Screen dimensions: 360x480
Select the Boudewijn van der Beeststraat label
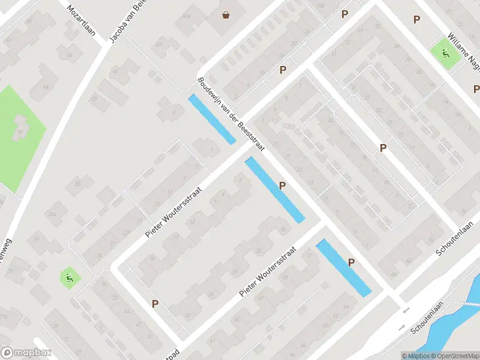231,115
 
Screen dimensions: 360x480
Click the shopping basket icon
226,15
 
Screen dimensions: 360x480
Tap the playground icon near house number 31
70,278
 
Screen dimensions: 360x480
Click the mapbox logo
26,353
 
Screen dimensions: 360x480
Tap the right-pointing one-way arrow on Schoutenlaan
401,328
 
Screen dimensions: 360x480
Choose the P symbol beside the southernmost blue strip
352,262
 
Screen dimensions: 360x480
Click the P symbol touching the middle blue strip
282,185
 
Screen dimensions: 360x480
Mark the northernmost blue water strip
212,119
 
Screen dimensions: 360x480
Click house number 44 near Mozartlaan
46,88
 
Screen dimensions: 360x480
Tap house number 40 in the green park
21,131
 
